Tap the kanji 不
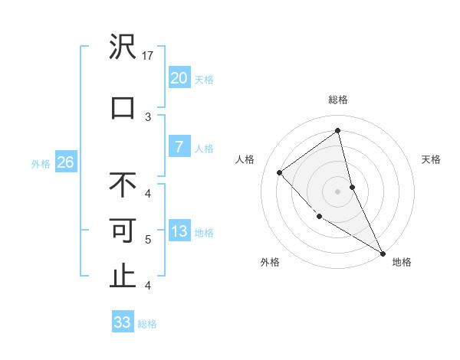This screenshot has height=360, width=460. [123, 185]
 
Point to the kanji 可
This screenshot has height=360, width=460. [123, 231]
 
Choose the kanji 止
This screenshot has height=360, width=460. [123, 276]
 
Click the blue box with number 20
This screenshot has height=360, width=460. [179, 78]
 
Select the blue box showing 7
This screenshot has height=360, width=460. [179, 147]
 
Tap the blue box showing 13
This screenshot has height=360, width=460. [179, 232]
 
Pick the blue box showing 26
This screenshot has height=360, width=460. [65, 162]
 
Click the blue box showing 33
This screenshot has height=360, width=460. [123, 322]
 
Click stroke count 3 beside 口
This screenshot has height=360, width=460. [148, 116]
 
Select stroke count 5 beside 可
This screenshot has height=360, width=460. [148, 240]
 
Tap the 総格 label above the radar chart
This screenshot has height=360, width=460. [337, 100]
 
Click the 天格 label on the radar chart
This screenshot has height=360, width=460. [431, 159]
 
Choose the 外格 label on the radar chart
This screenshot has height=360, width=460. [270, 262]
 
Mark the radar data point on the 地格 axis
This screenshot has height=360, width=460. [383, 253]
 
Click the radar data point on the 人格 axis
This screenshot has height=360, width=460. [280, 172]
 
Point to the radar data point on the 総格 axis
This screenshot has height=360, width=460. [337, 131]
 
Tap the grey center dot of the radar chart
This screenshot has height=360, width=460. [337, 191]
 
